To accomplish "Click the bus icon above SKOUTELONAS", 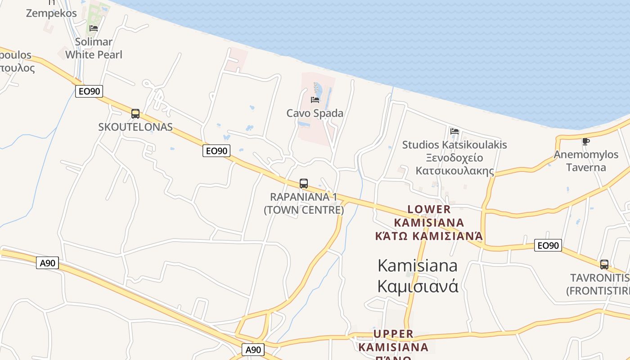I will click(135, 114).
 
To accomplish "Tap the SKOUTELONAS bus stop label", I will click(135, 127).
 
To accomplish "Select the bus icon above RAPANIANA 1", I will click(304, 184).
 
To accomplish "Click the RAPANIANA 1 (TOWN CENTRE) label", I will click(304, 203).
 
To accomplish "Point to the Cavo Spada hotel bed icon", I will click(315, 99).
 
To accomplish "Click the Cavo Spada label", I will click(315, 113).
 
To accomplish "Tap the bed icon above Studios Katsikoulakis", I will click(454, 131).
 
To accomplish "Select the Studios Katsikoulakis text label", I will click(454, 145).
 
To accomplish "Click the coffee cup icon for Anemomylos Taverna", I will click(585, 141).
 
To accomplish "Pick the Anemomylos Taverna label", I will click(586, 161).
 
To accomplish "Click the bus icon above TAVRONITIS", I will click(604, 264).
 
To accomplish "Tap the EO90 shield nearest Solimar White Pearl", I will click(89, 92).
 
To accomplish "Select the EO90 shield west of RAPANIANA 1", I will click(216, 151).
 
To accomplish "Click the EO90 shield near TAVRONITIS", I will click(548, 245).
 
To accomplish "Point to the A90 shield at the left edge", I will click(47, 263).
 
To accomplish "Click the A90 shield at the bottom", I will click(253, 350).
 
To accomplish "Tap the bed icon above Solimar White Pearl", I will click(94, 28).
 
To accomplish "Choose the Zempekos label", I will click(51, 13).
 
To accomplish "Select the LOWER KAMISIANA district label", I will click(429, 222).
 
